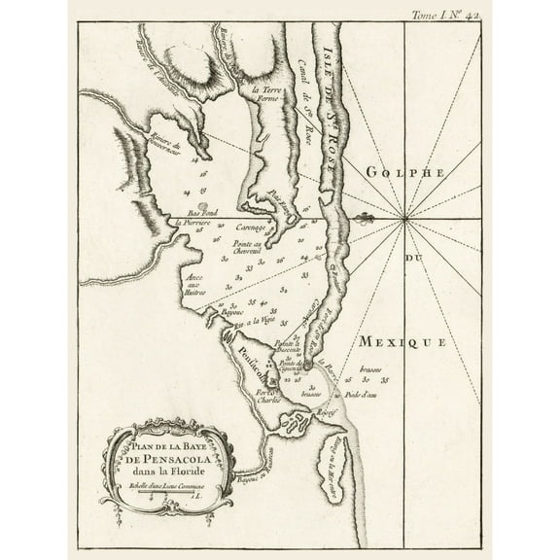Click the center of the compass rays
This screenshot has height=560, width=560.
click(403, 220)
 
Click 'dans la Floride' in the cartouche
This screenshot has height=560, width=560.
click(167, 472)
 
